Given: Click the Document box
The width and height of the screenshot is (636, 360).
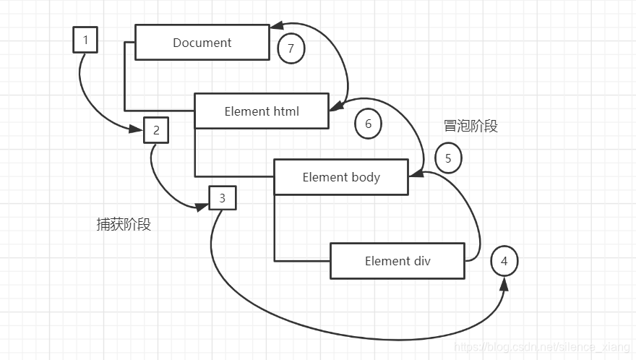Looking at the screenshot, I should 202,43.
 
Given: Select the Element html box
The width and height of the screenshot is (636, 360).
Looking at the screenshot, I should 262,111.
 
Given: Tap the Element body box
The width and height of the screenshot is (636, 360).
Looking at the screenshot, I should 341,177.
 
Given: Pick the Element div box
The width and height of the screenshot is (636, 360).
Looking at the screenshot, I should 397,261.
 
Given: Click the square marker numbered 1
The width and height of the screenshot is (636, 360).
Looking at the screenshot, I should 85,40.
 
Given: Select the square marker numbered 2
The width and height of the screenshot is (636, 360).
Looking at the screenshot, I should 156,131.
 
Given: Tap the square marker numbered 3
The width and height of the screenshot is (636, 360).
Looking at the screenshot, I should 222,197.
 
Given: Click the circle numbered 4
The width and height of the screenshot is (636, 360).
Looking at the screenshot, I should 504,261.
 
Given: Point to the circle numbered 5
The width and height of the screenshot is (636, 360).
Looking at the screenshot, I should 448,158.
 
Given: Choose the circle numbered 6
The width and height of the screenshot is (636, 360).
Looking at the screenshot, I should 368,124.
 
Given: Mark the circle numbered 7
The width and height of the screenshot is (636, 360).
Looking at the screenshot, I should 291,48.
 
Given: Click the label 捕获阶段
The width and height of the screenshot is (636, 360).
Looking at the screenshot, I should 124,224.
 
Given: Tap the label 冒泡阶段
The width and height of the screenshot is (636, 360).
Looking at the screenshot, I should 470,126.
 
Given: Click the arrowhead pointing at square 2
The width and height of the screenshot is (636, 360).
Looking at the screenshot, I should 137,130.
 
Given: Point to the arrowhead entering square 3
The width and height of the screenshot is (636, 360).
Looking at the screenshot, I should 202,207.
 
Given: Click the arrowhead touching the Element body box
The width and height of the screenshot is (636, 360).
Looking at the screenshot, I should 416,173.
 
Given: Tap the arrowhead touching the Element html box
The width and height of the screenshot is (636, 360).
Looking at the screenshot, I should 335,108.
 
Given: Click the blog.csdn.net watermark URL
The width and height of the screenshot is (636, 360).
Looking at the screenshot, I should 542,348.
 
